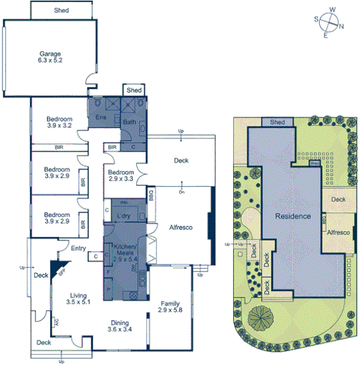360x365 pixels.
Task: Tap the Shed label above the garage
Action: pyautogui.click(x=61, y=10)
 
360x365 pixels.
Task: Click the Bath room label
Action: pyautogui.click(x=129, y=122)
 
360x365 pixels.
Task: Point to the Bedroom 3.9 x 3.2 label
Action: pyautogui.click(x=60, y=122)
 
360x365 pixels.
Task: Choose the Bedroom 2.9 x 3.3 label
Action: pyautogui.click(x=121, y=176)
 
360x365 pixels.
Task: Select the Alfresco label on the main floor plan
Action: pyautogui.click(x=181, y=228)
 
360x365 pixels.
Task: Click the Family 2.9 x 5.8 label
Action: pyautogui.click(x=170, y=307)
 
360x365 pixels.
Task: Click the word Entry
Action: pyautogui.click(x=78, y=248)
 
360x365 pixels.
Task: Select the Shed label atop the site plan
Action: pyautogui.click(x=277, y=122)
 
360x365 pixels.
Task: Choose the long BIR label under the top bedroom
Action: pyautogui.click(x=59, y=147)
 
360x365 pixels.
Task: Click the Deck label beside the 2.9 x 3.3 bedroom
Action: pyautogui.click(x=181, y=160)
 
